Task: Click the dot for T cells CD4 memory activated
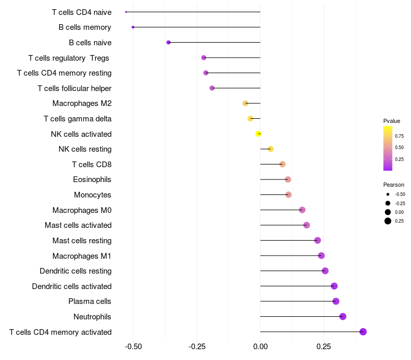coord(363,332)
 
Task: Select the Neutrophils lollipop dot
coord(343,316)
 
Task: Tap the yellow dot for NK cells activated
coord(258,134)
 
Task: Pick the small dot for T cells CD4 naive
coord(126,12)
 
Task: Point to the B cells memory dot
coord(133,27)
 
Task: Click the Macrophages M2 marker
coord(245,103)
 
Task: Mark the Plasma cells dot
coord(335,301)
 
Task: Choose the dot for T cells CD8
coord(282,164)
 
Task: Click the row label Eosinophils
coord(92,179)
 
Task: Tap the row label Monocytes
coord(92,195)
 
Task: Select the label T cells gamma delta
coord(78,119)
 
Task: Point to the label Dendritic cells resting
coord(76,271)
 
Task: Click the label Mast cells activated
coord(78,225)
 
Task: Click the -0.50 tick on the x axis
coord(134,347)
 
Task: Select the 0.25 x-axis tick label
coord(324,347)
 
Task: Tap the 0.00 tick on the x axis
coord(260,347)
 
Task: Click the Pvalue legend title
coord(391,121)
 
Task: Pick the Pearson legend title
coord(394,185)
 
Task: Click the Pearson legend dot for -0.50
coord(387,194)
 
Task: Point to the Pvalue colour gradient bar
coord(388,148)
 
